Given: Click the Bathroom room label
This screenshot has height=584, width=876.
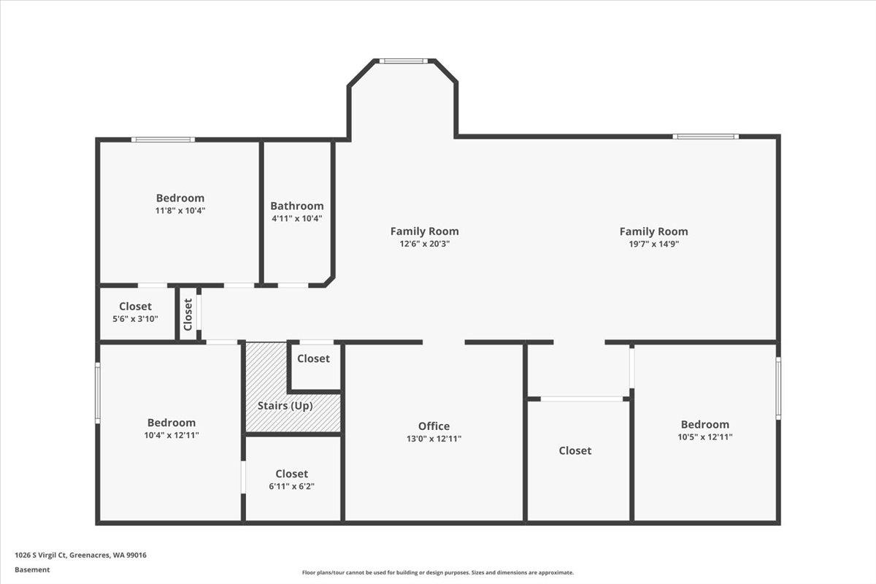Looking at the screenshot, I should (296, 206).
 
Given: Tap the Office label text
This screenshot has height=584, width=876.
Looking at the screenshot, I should (434, 426).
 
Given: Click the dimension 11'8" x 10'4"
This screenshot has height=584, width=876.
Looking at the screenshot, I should (180, 210).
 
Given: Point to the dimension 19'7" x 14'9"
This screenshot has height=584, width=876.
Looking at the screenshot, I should (653, 244).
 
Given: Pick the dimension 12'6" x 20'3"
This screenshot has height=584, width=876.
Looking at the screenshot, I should (424, 244).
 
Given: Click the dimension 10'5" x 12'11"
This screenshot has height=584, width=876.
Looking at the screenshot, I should (704, 437).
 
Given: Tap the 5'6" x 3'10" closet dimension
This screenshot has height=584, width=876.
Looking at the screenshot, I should (135, 319).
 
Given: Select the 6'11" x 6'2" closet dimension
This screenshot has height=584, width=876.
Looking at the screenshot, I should (291, 486).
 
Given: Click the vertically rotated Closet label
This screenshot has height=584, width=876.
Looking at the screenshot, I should (188, 314).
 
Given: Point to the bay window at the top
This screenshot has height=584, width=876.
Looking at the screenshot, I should (402, 61).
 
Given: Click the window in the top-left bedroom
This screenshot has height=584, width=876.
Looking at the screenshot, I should (163, 139).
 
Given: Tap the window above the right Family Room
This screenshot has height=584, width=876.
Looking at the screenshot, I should (705, 137).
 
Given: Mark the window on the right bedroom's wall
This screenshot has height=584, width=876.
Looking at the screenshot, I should (778, 388).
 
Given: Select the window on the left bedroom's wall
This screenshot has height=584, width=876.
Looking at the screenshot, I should (98, 393).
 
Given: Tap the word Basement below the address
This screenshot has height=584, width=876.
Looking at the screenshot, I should (32, 569).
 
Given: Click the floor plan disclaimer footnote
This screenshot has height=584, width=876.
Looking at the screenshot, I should (438, 573).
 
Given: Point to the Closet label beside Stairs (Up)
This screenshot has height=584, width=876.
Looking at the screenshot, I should (313, 358).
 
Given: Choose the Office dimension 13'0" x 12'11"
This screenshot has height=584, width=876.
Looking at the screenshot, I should (434, 439).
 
